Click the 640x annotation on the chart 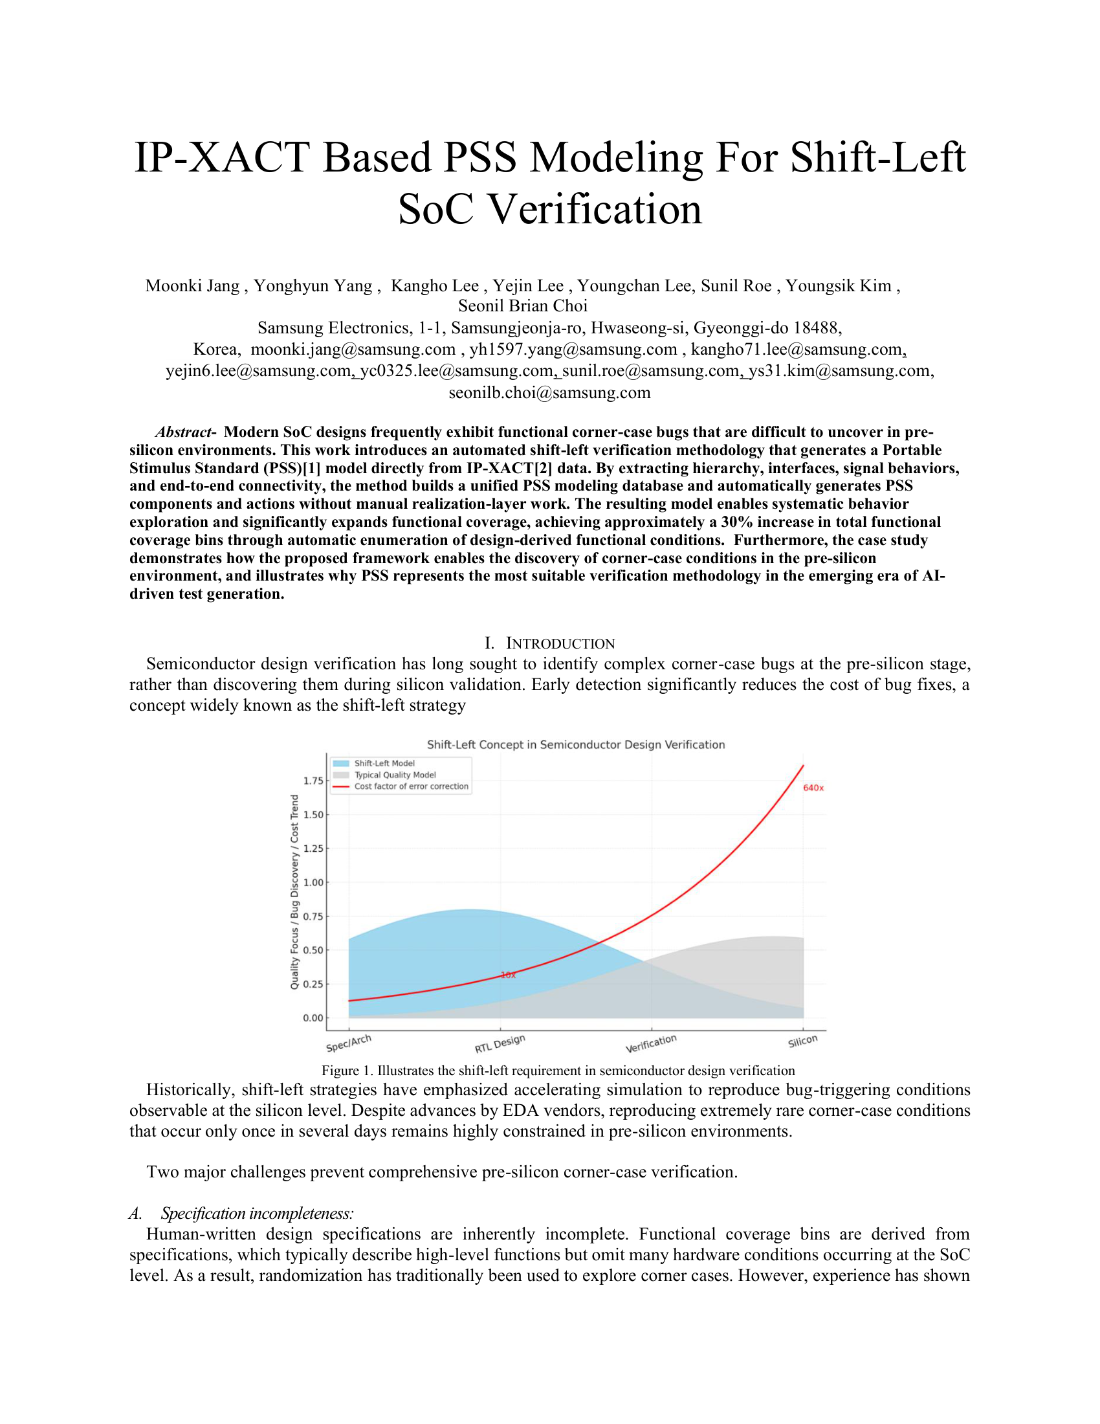tap(813, 788)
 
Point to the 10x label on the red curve tap(509, 975)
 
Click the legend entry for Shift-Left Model tap(384, 763)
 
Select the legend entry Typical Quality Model tap(395, 775)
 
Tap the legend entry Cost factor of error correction tap(410, 786)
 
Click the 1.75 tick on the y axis tap(313, 781)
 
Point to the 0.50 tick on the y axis tap(313, 950)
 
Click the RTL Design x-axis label tap(499, 1043)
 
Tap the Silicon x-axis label tap(802, 1041)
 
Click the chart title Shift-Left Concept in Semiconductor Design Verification tap(575, 744)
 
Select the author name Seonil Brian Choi tap(523, 306)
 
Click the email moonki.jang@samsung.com tap(353, 350)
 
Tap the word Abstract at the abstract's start tap(184, 432)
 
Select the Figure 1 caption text tap(558, 1070)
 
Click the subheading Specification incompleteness tap(257, 1213)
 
